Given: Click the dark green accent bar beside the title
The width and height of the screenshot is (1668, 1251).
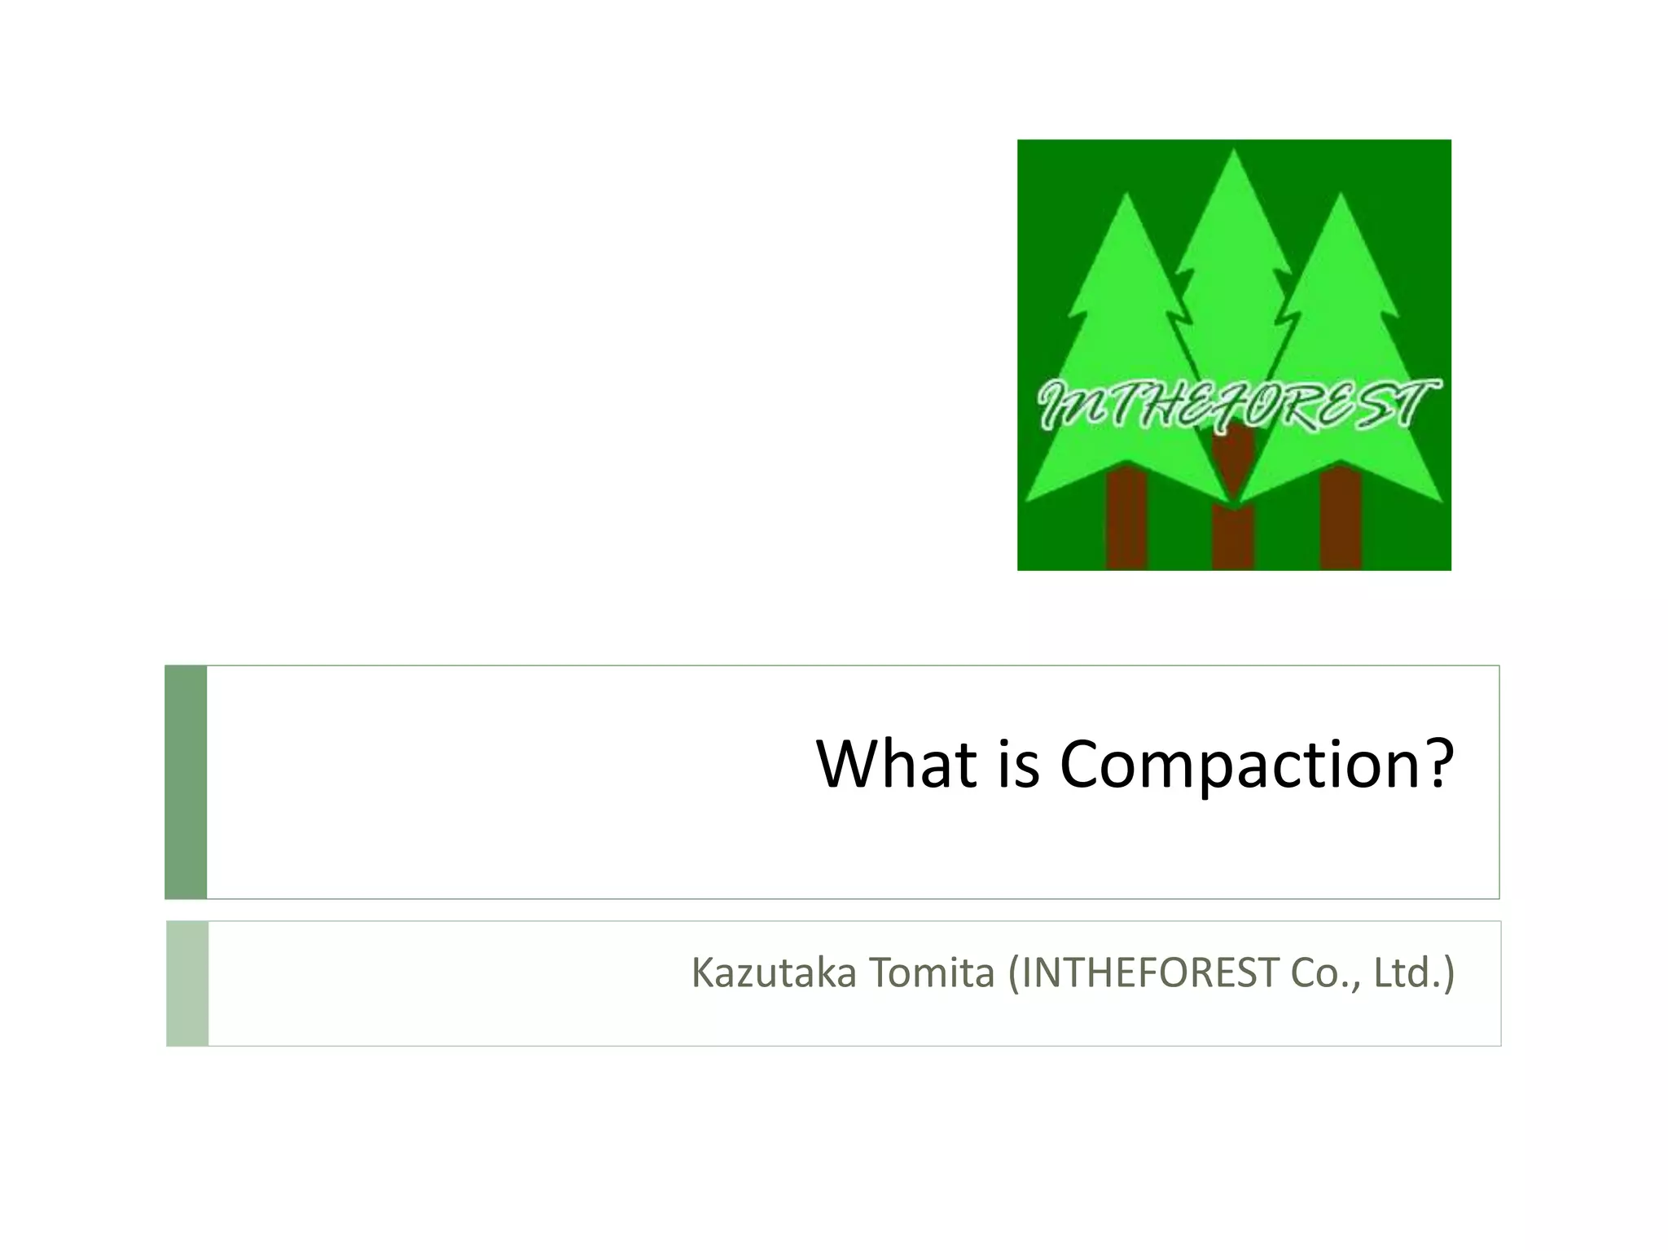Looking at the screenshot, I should tap(186, 782).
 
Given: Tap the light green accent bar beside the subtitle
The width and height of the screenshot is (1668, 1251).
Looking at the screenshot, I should tap(187, 983).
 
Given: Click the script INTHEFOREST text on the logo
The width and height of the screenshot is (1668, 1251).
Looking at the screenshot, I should tap(1234, 405).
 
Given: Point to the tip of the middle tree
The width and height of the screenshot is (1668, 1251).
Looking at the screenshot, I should tap(1234, 151).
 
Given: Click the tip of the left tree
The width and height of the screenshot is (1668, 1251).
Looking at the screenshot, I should tap(1126, 196).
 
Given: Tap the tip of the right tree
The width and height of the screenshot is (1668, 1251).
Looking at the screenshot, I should tap(1341, 196).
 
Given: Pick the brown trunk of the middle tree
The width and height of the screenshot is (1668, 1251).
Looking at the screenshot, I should tap(1232, 538).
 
